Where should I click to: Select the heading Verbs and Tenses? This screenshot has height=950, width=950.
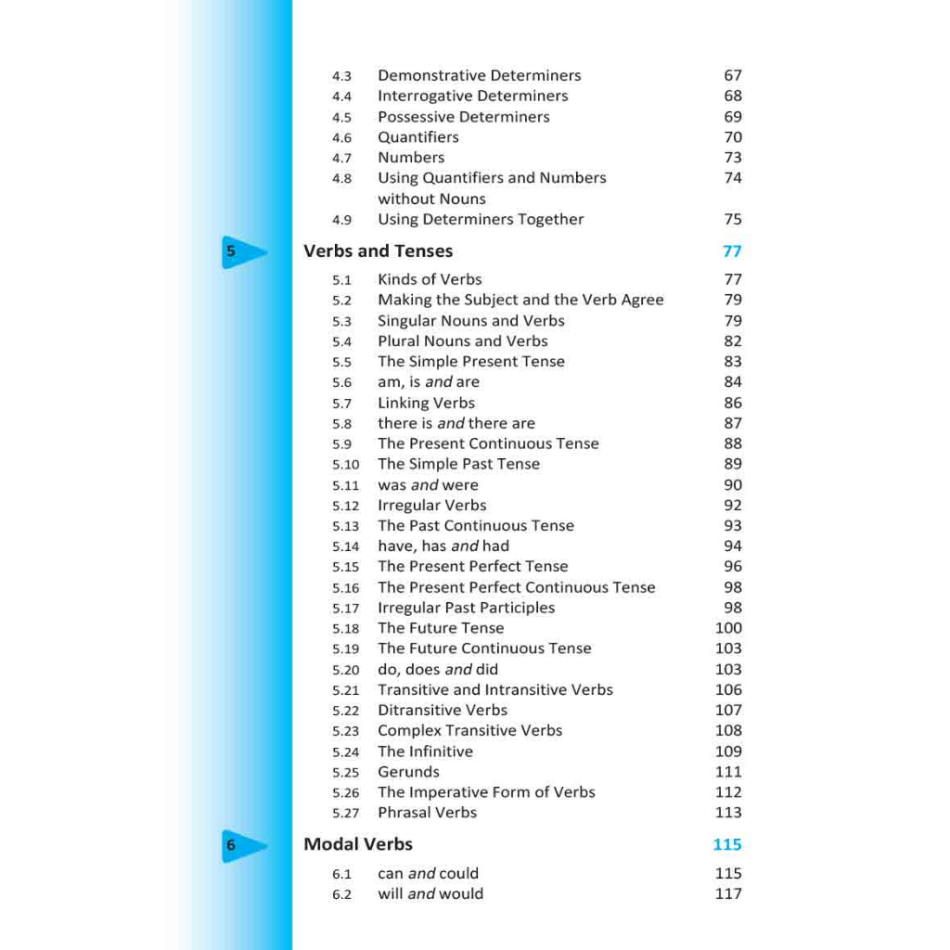(x=378, y=251)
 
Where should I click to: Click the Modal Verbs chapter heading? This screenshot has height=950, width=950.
(x=358, y=844)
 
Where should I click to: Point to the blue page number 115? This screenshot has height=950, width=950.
(x=727, y=844)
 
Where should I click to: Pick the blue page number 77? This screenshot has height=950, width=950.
(x=732, y=251)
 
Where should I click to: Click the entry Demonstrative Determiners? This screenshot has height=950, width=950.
(x=479, y=76)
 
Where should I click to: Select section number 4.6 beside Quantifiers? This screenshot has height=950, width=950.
(x=341, y=138)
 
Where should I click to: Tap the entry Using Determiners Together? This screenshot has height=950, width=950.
(x=481, y=220)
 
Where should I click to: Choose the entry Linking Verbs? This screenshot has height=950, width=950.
(x=426, y=404)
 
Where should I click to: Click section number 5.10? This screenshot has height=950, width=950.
(x=345, y=465)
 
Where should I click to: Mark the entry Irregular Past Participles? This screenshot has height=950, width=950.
(x=466, y=608)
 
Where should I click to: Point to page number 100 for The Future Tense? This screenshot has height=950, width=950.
(x=728, y=628)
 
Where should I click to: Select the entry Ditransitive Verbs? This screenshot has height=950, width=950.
(x=443, y=711)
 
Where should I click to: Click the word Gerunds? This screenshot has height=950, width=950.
(x=408, y=772)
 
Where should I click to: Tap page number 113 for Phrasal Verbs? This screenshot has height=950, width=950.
(x=728, y=813)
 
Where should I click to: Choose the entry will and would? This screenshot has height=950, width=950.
(x=430, y=894)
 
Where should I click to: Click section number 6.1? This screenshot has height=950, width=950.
(x=341, y=874)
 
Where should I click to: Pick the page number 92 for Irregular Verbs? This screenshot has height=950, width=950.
(x=733, y=506)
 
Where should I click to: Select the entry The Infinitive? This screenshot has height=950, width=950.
(x=425, y=751)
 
